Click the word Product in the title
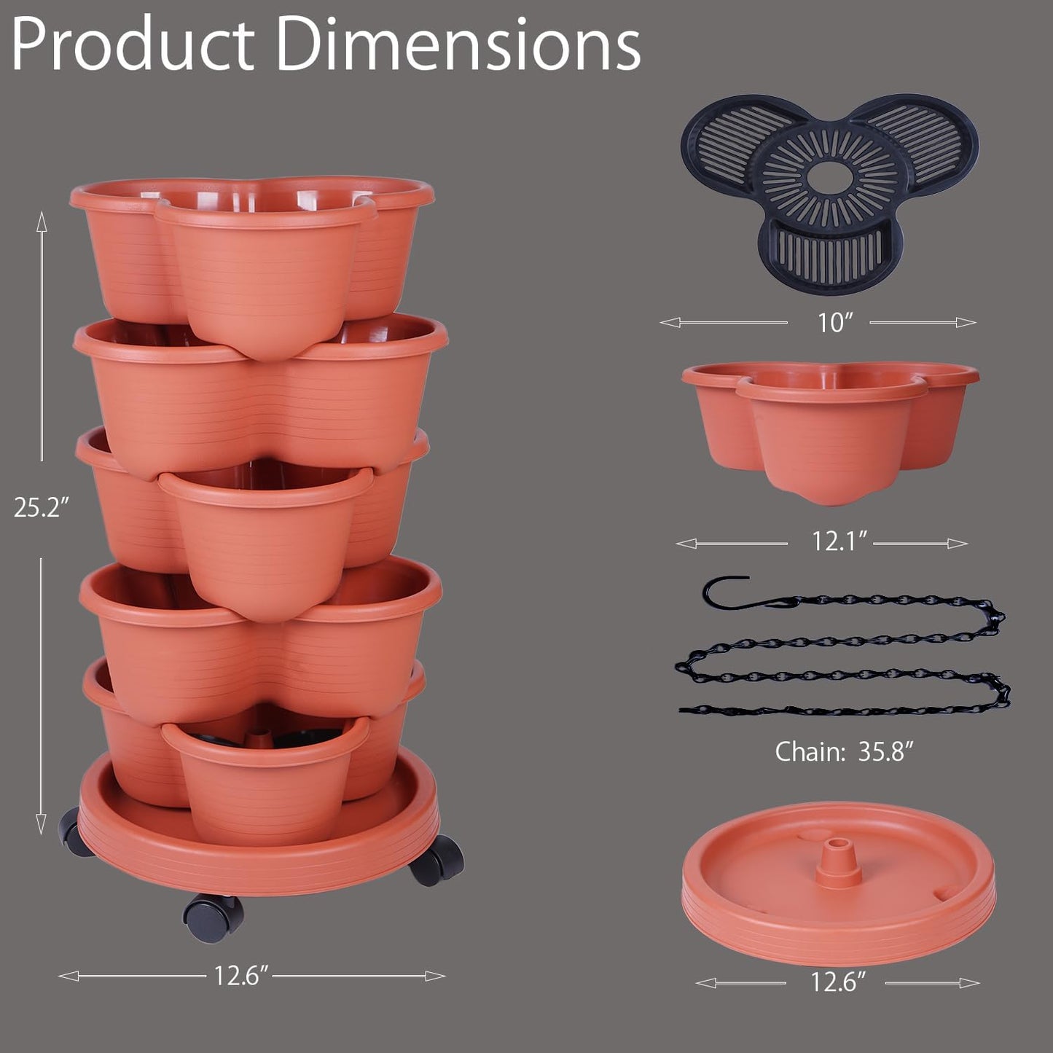pyautogui.click(x=131, y=45)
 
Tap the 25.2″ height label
pyautogui.click(x=41, y=508)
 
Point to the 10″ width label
pyautogui.click(x=834, y=322)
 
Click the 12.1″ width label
pyautogui.click(x=839, y=541)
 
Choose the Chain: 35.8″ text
pyautogui.click(x=844, y=751)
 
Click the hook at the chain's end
pyautogui.click(x=725, y=591)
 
